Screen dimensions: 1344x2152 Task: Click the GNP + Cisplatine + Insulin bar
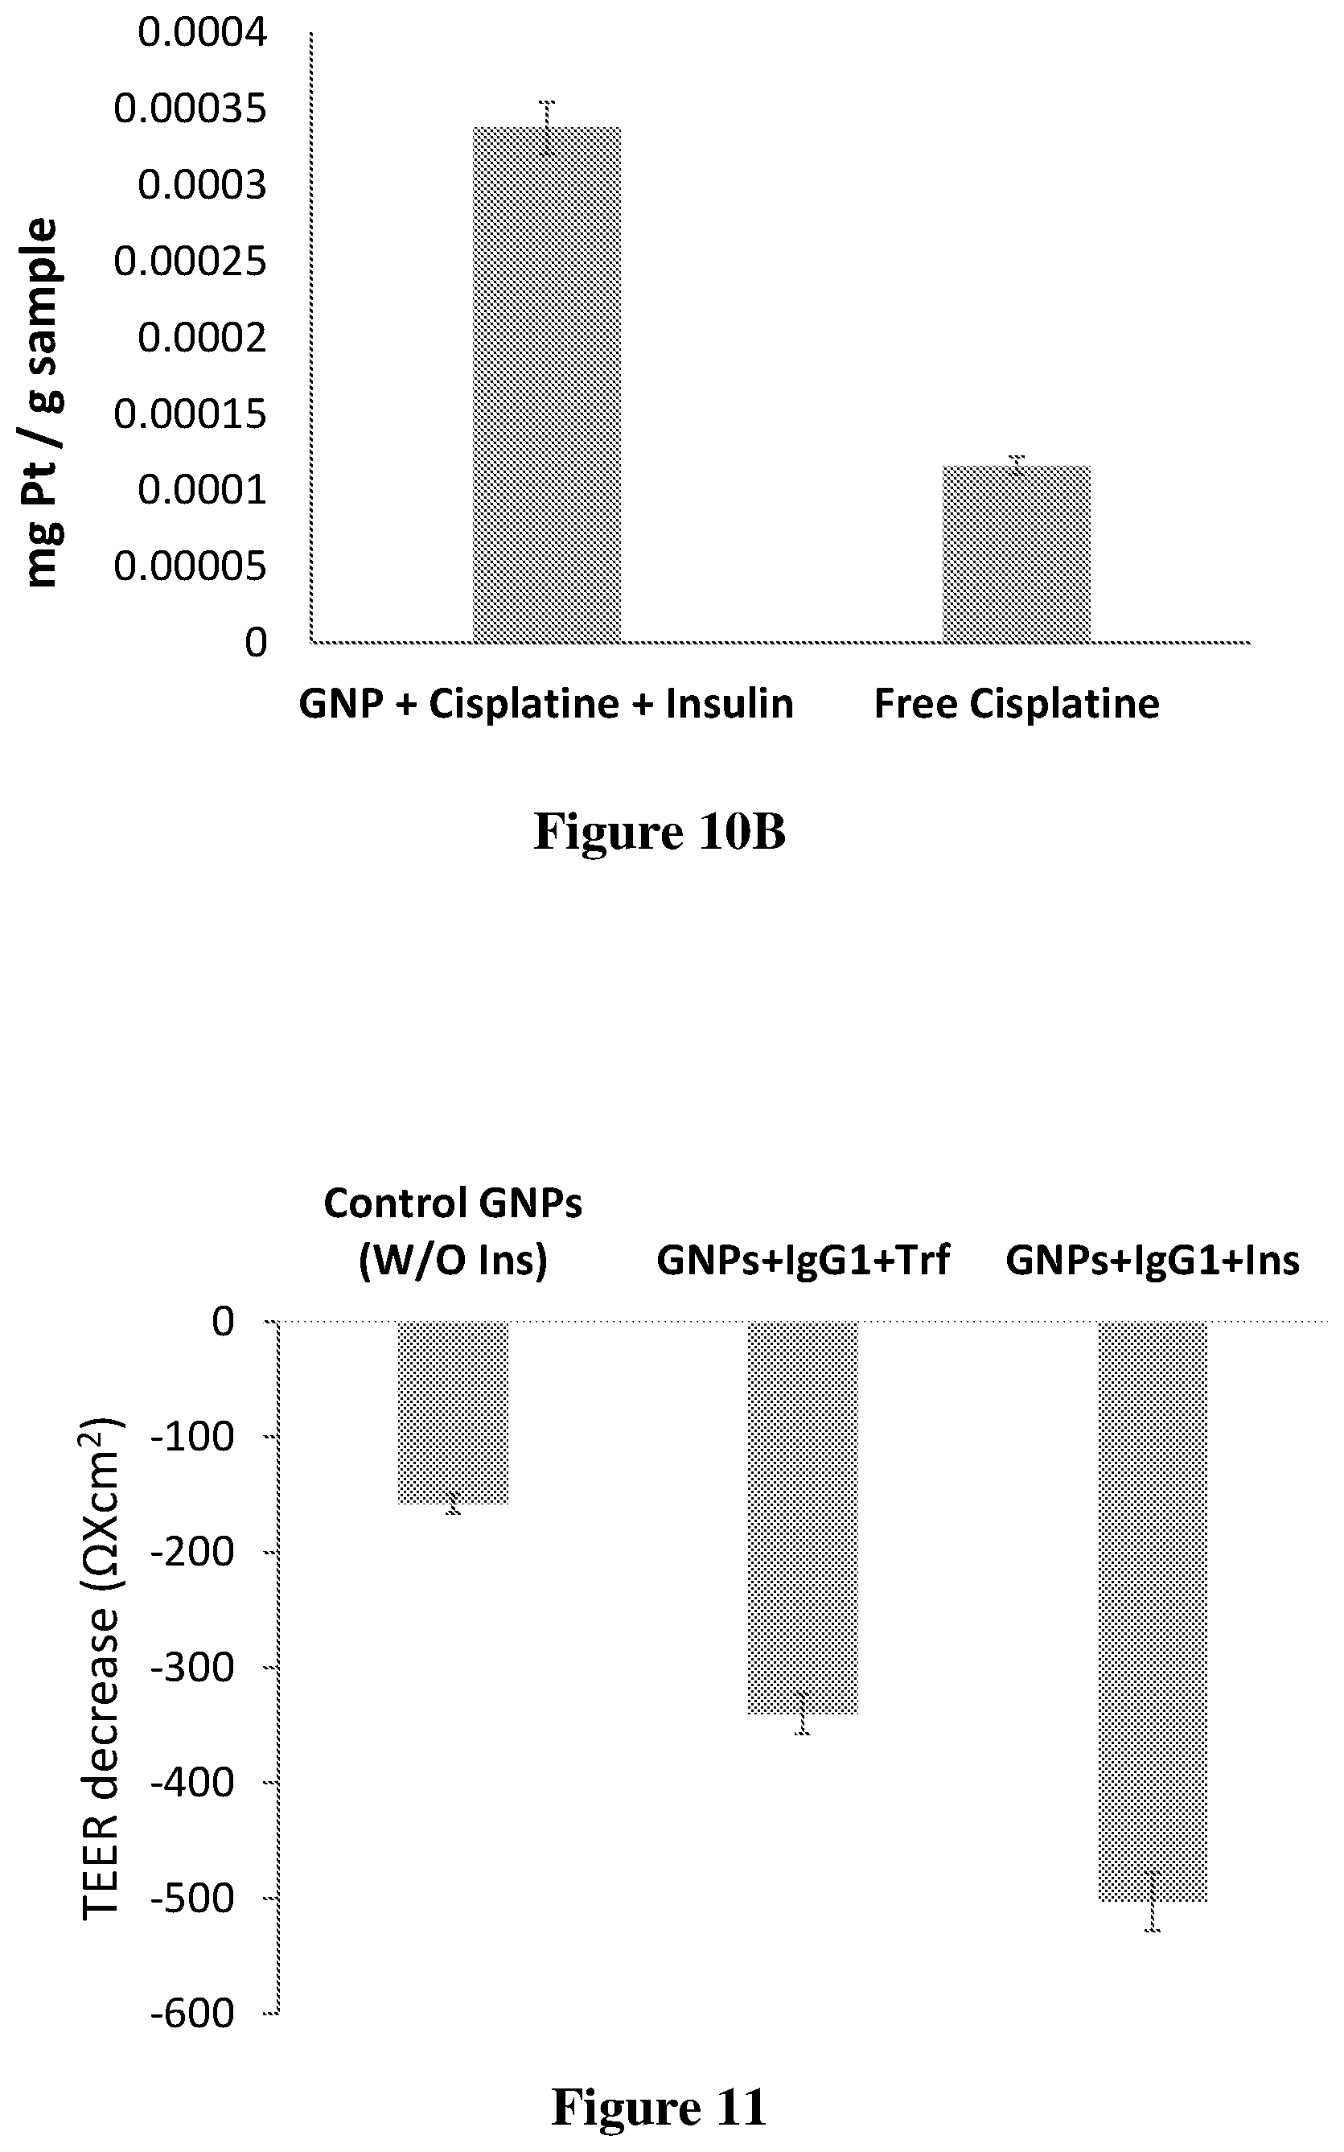click(x=547, y=385)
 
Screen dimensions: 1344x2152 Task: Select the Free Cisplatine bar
click(x=1016, y=553)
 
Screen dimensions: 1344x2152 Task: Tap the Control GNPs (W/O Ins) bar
click(x=454, y=1413)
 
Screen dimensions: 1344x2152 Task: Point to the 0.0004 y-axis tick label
click(x=202, y=33)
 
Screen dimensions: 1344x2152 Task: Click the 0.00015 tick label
click(x=191, y=414)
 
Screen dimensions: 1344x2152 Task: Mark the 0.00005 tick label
click(x=191, y=566)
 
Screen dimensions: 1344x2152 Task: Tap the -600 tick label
click(x=192, y=2014)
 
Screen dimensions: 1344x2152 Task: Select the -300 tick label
click(x=192, y=1668)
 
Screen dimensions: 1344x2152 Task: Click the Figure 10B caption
click(x=660, y=832)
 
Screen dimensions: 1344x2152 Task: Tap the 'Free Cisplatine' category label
click(x=1017, y=704)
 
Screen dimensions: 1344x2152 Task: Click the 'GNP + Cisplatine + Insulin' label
click(x=546, y=704)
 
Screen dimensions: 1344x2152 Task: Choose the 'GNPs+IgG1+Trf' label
click(x=804, y=1260)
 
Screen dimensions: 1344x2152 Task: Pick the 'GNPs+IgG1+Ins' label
click(x=1153, y=1260)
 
